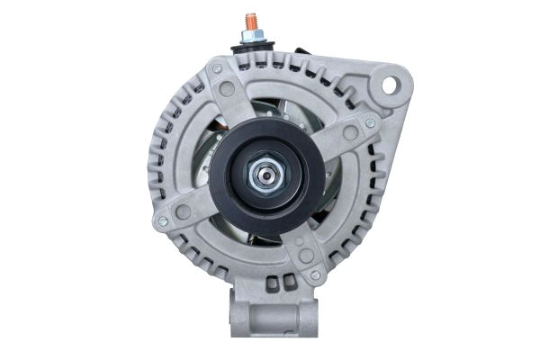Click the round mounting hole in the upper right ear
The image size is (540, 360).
[x=390, y=85]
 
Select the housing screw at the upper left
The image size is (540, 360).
[x=216, y=68]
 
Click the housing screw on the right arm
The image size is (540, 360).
[x=370, y=123]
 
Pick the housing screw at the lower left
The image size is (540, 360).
[x=163, y=221]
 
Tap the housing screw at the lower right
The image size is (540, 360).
[x=315, y=275]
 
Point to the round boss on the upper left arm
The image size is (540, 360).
[x=227, y=88]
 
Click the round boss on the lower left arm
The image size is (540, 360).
[x=184, y=211]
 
